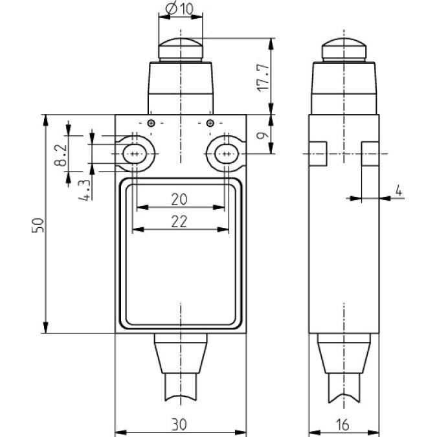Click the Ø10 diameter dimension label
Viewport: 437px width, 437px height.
pos(179,9)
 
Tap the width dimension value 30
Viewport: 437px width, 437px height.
pos(181,424)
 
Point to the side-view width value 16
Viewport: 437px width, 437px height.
pos(343,424)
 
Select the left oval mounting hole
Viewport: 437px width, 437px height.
pos(135,154)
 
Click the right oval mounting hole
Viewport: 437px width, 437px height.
pos(226,154)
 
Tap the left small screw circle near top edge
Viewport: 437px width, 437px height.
pos(151,124)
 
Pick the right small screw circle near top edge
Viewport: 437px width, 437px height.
pos(209,124)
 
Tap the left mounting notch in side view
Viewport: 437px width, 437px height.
pos(317,154)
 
